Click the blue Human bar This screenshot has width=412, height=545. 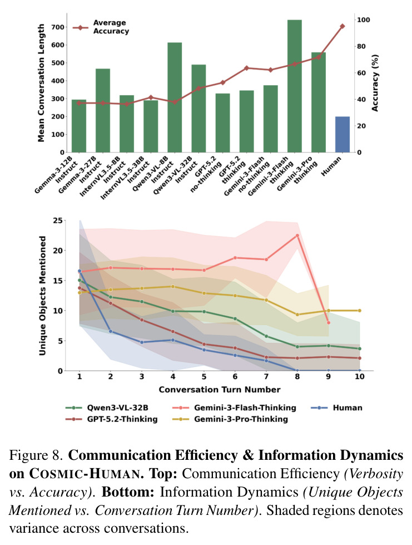(x=342, y=135)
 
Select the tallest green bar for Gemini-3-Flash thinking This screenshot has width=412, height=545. (x=294, y=86)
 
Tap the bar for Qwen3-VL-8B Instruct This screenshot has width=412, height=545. (x=175, y=97)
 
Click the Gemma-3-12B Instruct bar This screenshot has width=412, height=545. (x=79, y=126)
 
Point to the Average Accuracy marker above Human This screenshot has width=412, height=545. (x=342, y=26)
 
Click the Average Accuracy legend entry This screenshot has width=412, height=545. (x=101, y=27)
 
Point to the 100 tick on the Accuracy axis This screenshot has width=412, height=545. (x=364, y=20)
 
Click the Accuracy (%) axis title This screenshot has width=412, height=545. (x=375, y=83)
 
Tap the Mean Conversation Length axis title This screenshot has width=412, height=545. (x=41, y=83)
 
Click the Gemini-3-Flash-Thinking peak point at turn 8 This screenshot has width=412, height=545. (x=297, y=235)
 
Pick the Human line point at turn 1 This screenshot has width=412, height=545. (x=80, y=271)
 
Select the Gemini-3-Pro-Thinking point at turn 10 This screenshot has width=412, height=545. (x=360, y=311)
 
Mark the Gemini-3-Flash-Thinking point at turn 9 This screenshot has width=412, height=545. (x=329, y=323)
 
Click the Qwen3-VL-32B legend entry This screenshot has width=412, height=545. (x=107, y=407)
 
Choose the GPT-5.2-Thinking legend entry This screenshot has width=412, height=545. (x=111, y=419)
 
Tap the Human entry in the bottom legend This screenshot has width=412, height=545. (x=336, y=407)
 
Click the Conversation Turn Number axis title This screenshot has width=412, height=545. (x=220, y=390)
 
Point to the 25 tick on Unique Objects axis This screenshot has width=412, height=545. (x=58, y=220)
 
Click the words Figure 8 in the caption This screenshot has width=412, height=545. (x=37, y=455)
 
